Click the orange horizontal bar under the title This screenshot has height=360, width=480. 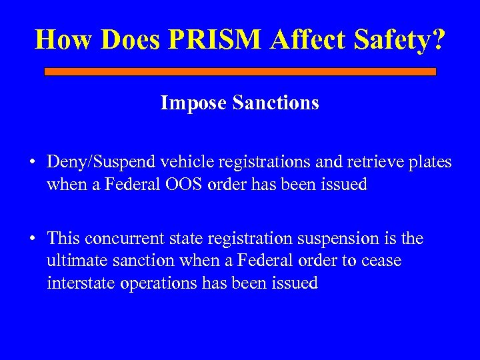coord(240,71)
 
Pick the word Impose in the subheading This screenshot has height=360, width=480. coord(189,103)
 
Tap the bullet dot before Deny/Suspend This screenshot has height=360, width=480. coord(32,163)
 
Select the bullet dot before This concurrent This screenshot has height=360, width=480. coord(32,239)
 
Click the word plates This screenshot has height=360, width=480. coord(431,162)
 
